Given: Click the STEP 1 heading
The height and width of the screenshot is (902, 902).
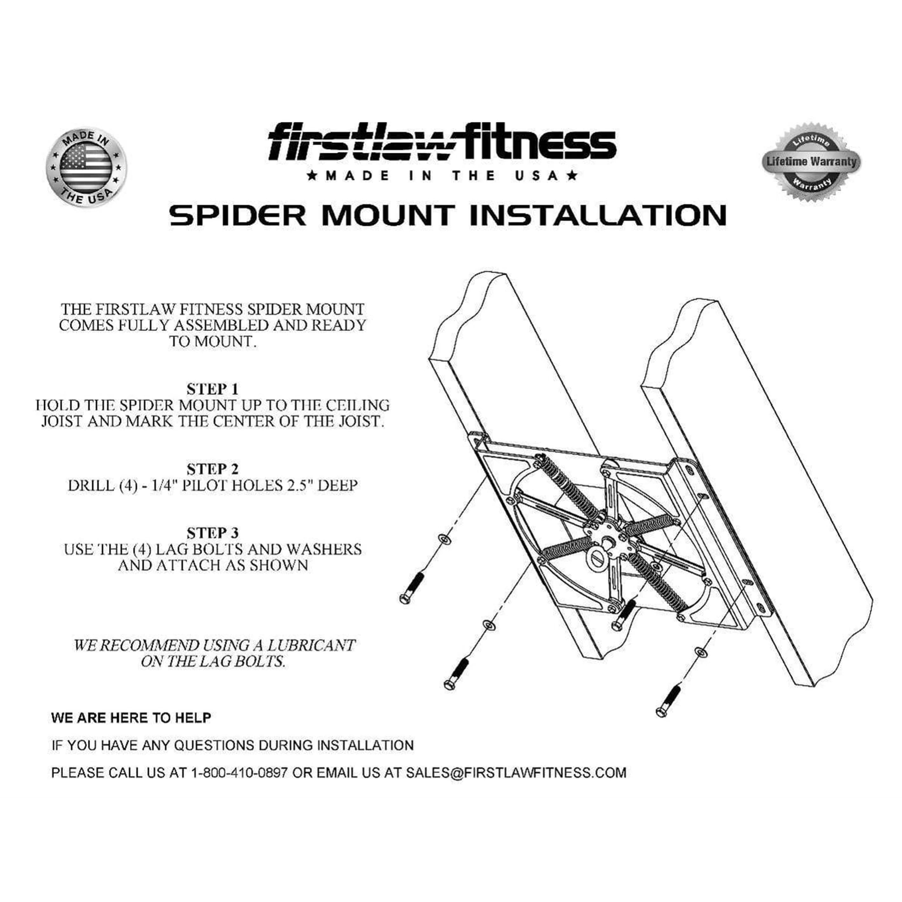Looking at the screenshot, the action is pos(212,389).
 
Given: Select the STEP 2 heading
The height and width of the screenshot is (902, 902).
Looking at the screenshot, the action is pos(212,469).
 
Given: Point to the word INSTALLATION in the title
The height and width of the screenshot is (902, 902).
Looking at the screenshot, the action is pos(598,215).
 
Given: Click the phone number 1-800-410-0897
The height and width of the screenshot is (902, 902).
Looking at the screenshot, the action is pos(239,773).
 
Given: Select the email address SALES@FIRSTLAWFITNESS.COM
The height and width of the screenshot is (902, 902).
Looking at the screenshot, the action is pos(516,773).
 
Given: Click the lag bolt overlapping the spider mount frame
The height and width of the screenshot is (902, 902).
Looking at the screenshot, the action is pos(623,615).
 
